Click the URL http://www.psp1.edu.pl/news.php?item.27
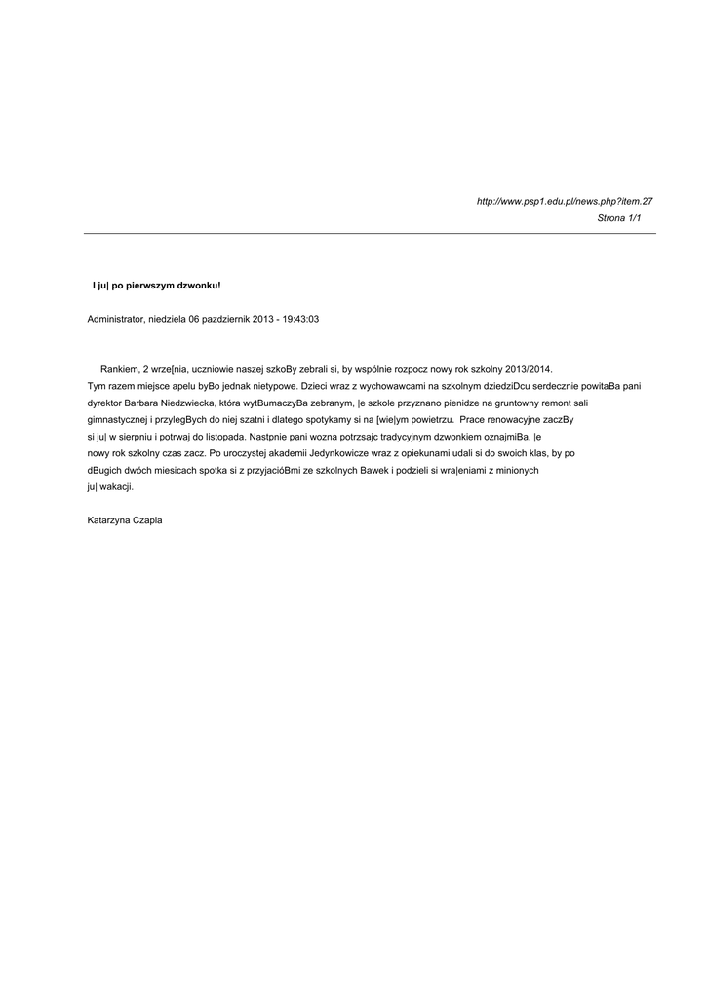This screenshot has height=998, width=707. (x=564, y=201)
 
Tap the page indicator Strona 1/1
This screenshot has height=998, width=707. (x=619, y=218)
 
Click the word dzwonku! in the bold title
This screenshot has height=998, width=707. (x=198, y=286)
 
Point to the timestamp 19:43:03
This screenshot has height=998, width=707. (x=300, y=319)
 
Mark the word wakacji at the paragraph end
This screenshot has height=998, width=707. (x=117, y=486)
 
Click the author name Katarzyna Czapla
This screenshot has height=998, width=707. (x=125, y=519)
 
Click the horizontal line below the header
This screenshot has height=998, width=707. (x=370, y=234)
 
